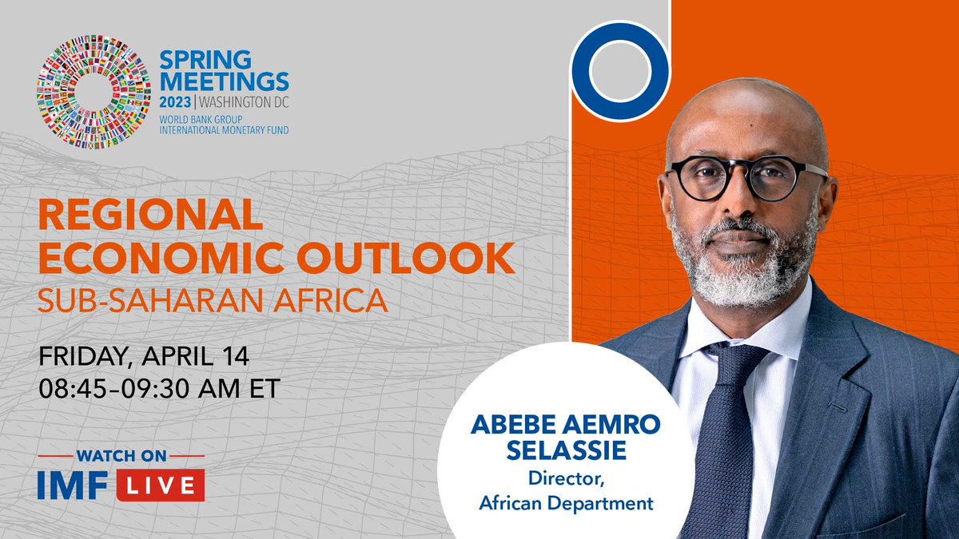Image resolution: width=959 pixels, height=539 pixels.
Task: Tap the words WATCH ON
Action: (x=121, y=456)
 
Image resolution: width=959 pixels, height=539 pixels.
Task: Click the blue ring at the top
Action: (x=619, y=71)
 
